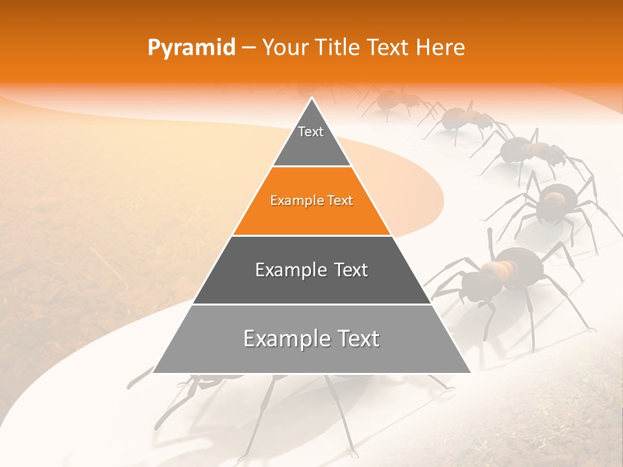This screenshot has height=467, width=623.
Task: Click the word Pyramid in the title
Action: [x=191, y=48]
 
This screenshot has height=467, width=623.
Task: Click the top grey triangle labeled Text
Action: [x=311, y=139]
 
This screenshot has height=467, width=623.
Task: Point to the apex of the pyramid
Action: [x=312, y=99]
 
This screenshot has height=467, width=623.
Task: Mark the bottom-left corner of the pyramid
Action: [x=154, y=372]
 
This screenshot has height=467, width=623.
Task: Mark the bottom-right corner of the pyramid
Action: [x=470, y=372]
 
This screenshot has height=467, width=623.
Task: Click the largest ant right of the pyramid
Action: [x=513, y=272]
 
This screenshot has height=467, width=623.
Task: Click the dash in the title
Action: [x=247, y=48]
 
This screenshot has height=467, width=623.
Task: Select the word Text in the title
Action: [x=389, y=48]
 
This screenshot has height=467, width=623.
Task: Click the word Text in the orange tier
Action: [x=341, y=200]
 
